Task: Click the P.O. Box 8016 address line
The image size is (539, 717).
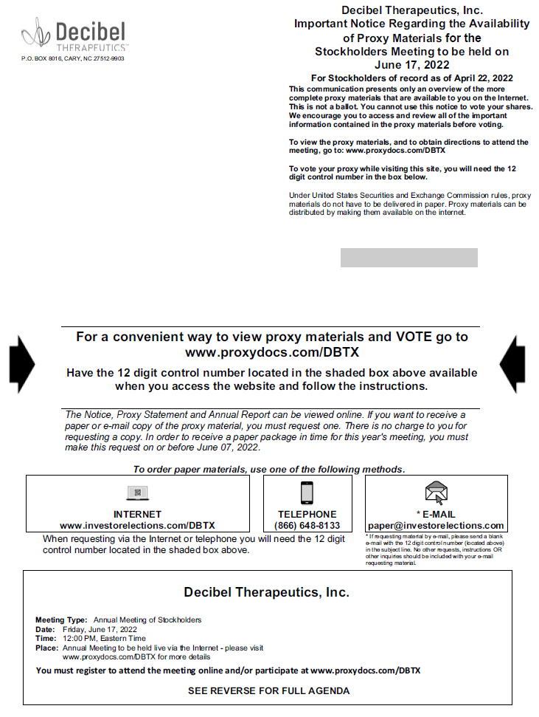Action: pos(73,58)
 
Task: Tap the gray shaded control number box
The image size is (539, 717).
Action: pos(408,258)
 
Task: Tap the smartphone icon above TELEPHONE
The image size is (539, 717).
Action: pos(307,493)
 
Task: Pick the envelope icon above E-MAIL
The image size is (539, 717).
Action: pos(436,492)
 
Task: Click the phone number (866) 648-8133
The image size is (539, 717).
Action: pos(307,526)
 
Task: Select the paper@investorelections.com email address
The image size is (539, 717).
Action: pos(436,526)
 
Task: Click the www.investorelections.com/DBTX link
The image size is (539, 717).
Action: pos(137,526)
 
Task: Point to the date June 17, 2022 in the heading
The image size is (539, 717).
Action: pos(412,64)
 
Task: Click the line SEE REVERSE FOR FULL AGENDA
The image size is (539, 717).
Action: pos(268,691)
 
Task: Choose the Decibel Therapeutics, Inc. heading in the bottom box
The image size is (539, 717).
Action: pos(266,592)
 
